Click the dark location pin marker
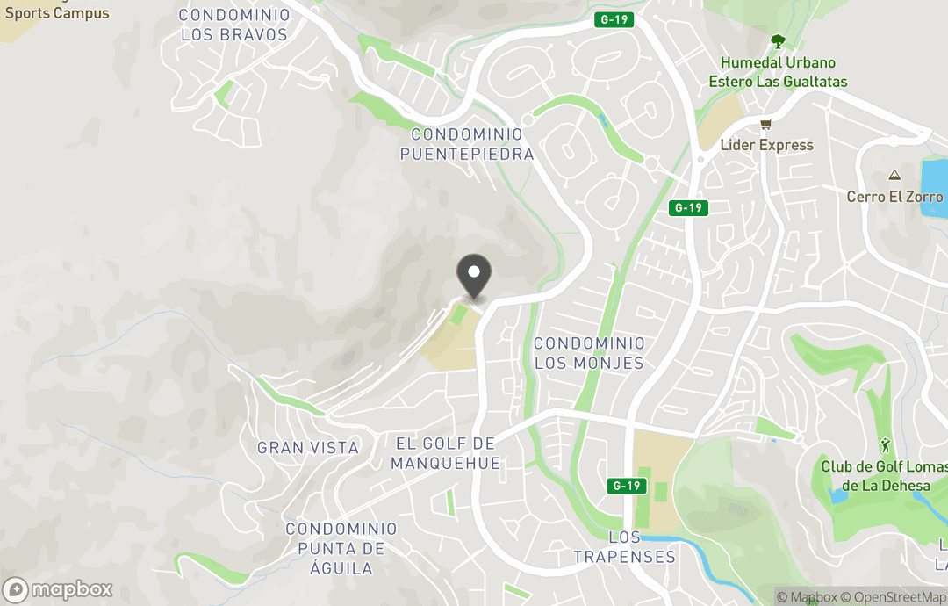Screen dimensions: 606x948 [x=474, y=277]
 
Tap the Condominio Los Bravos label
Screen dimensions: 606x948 [x=233, y=25]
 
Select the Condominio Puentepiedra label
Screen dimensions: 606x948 [x=467, y=145]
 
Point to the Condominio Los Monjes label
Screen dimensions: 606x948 [x=588, y=353]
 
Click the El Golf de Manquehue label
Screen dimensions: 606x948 [x=445, y=454]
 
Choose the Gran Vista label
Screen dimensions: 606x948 [x=308, y=448]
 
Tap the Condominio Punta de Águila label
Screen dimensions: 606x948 [x=341, y=548]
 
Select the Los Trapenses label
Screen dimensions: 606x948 [x=624, y=547]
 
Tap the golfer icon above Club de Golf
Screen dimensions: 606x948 [x=885, y=445]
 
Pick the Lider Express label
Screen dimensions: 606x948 [x=766, y=146]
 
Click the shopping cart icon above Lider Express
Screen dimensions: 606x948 [x=765, y=125]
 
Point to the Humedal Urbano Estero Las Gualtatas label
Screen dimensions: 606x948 [x=778, y=73]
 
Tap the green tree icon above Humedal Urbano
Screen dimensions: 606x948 [x=777, y=40]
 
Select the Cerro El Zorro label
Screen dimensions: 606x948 [x=894, y=197]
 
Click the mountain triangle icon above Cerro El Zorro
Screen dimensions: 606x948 [x=894, y=176]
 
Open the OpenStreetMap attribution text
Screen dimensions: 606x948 [x=893, y=597]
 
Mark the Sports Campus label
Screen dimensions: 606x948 [x=57, y=13]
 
